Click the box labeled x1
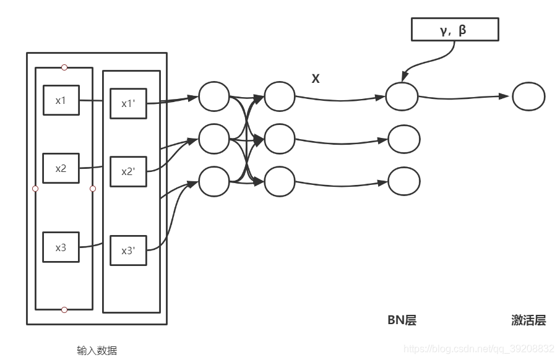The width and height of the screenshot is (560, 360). coord(61,100)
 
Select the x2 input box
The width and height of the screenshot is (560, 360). coord(61,168)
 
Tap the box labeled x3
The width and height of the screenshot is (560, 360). coord(61,247)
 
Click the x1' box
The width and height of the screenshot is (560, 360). coord(129,103)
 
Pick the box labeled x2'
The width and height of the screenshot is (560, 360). coord(129,171)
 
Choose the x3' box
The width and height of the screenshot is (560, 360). coord(129,251)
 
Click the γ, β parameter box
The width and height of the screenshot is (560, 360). coord(455,30)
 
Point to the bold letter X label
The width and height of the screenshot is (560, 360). coord(315,79)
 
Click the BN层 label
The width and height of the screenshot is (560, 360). coord(402,320)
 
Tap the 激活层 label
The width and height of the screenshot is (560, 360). coord(528,320)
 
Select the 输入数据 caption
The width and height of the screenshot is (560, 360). coord(97,350)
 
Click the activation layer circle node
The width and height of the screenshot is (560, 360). coord(528,96)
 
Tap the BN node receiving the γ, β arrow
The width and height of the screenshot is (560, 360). coord(402,96)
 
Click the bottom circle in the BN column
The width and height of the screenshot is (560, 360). coord(404,181)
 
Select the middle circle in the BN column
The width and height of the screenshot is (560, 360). coord(404,139)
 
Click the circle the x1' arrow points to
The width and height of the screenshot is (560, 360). coord(214,96)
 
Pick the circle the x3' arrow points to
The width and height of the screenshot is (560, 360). coord(214,181)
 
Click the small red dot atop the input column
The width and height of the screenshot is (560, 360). coord(64,67)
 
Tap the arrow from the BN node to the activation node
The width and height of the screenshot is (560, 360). coord(464,97)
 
